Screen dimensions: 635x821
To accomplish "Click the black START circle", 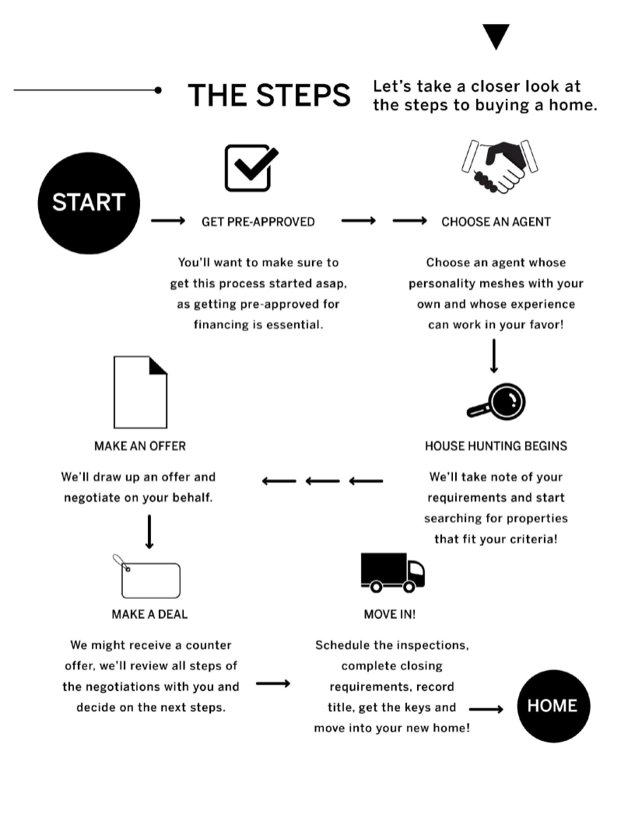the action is pyautogui.click(x=89, y=203).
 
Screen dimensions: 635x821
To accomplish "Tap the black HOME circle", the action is pyautogui.click(x=553, y=706).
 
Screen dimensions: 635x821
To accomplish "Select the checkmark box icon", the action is pyautogui.click(x=251, y=168).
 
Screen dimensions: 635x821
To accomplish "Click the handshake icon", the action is pyautogui.click(x=500, y=166).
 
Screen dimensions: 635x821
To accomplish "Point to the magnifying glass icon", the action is pyautogui.click(x=496, y=402).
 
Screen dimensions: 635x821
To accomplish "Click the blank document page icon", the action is pyautogui.click(x=140, y=392).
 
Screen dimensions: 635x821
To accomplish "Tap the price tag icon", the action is pyautogui.click(x=147, y=576).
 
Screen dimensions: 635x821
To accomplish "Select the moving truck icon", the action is pyautogui.click(x=392, y=573).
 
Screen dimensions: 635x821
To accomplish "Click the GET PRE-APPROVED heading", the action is pyautogui.click(x=258, y=222).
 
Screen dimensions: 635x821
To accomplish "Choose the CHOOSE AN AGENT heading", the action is pyautogui.click(x=496, y=222).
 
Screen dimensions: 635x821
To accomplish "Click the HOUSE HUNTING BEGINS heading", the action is pyautogui.click(x=496, y=446).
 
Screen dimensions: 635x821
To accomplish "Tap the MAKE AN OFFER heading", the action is pyautogui.click(x=140, y=446).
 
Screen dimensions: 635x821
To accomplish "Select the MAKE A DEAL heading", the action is pyautogui.click(x=150, y=614).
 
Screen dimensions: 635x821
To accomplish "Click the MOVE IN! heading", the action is pyautogui.click(x=390, y=614).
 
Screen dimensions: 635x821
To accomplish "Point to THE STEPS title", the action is pyautogui.click(x=269, y=96).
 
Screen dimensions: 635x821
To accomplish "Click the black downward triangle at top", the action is pyautogui.click(x=496, y=37).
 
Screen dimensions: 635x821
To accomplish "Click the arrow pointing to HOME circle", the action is pyautogui.click(x=486, y=710).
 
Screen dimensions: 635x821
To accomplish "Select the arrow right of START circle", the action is pyautogui.click(x=168, y=221).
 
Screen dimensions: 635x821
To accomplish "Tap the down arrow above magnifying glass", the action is pyautogui.click(x=493, y=356).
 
